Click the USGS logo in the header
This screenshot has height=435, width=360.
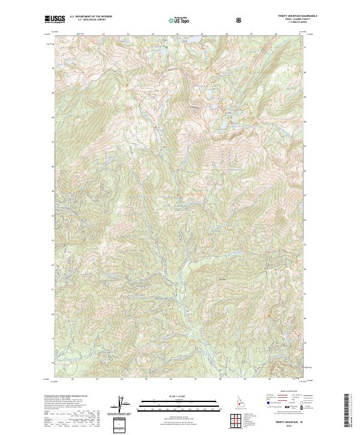55,19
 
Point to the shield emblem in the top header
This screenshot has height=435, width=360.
241,20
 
